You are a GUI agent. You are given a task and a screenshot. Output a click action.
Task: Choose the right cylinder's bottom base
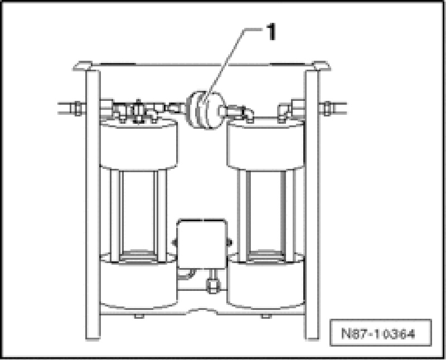tap(266, 284)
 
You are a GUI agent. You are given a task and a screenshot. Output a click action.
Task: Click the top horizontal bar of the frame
tap(201, 66)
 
